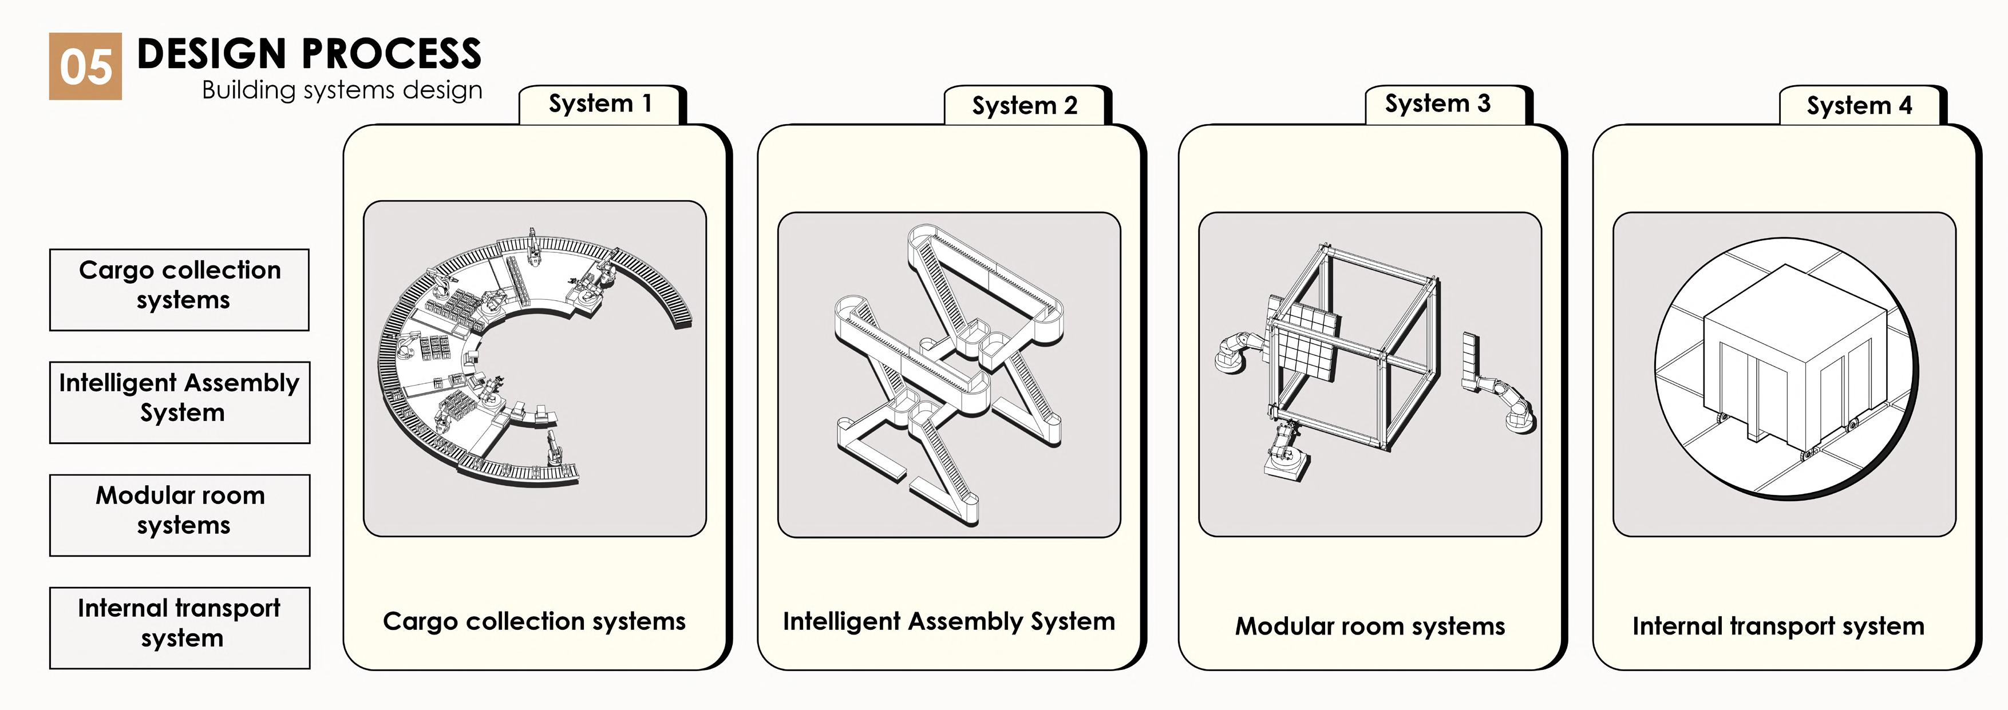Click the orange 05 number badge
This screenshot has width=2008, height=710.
(85, 66)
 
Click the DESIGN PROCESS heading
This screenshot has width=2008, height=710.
(309, 54)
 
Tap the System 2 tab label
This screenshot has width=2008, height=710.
(1024, 105)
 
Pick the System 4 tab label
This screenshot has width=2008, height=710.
(1859, 105)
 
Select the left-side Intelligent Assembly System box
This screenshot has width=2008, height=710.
(179, 402)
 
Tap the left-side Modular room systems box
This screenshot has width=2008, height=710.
(179, 514)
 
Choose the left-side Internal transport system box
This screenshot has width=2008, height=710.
(179, 628)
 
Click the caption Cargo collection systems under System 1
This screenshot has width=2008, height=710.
(534, 621)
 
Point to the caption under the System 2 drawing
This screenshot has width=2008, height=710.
(948, 621)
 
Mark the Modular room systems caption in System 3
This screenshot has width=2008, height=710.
(1370, 626)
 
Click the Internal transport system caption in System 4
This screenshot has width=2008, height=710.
(1778, 626)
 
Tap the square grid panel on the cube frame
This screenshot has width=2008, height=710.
(1306, 339)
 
